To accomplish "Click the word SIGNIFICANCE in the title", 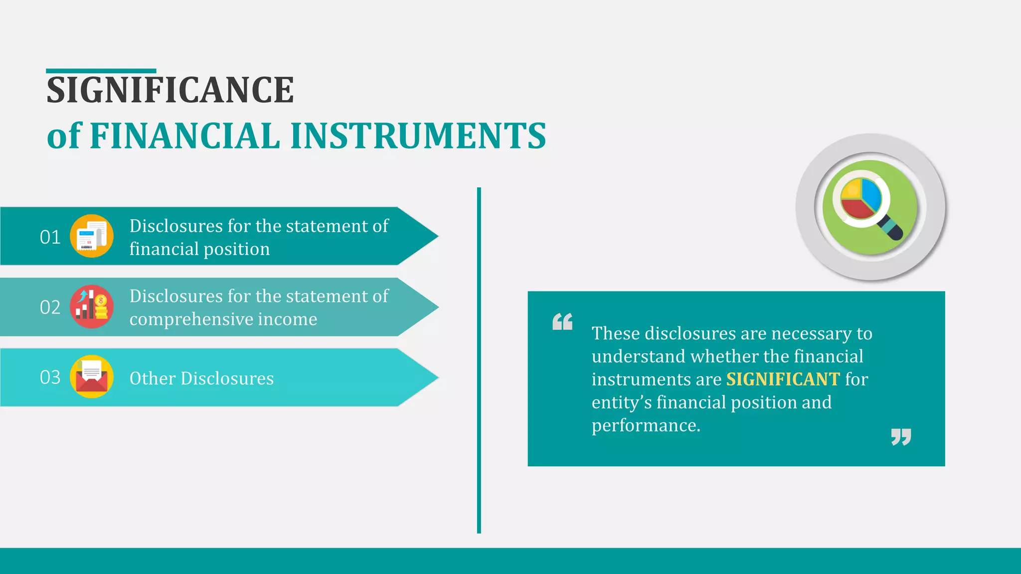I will tap(170, 90).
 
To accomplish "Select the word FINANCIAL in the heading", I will tap(185, 136).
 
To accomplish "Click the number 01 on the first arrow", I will tap(50, 237).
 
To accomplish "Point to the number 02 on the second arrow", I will tap(50, 307).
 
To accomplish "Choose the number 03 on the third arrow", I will tap(50, 377).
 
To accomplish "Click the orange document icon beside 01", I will tap(92, 236).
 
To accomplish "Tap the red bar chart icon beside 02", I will tap(92, 306).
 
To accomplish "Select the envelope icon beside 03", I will tap(92, 377).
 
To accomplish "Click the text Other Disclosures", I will tap(201, 379).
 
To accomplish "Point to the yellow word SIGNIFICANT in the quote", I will tap(783, 379).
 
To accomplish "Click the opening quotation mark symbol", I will tap(562, 322).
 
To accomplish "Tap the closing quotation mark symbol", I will tap(901, 437).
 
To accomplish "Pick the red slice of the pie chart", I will tap(856, 209).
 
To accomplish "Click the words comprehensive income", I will tap(223, 319).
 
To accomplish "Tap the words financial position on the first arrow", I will tap(199, 249).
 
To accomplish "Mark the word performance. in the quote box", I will tap(646, 426).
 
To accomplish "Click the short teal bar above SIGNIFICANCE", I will tap(101, 71).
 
